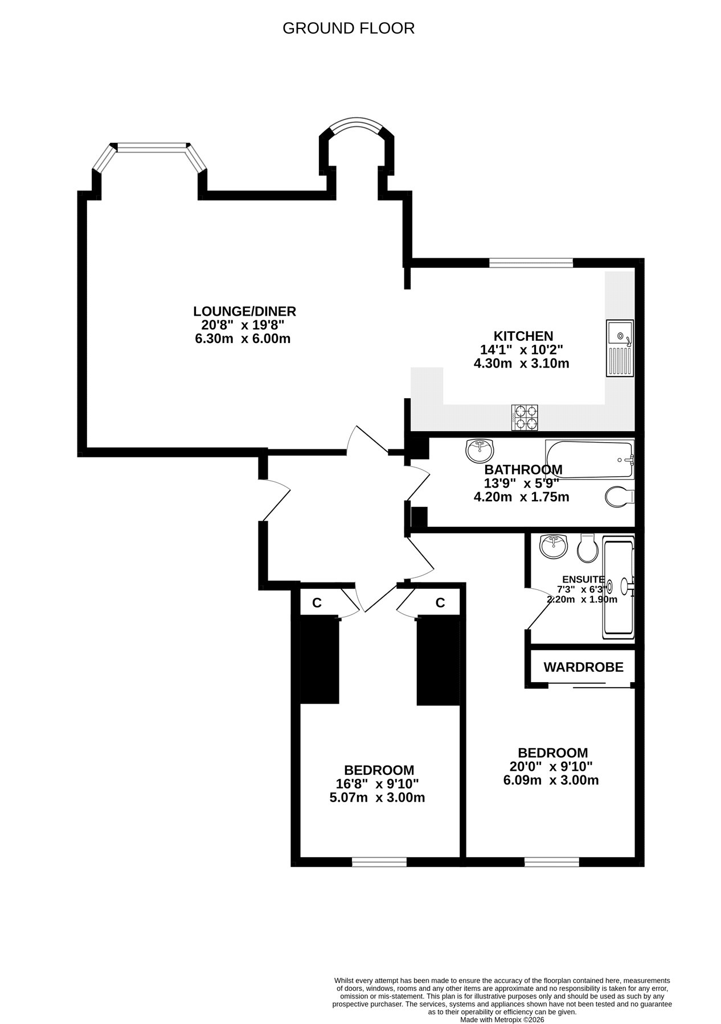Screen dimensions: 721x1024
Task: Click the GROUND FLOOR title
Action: tap(349, 28)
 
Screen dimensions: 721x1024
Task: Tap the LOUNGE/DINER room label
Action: tap(245, 311)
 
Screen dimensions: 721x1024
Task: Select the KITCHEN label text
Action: tap(523, 336)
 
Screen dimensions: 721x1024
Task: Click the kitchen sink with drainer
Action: tap(620, 348)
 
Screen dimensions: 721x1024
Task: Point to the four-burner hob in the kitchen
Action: tap(525, 417)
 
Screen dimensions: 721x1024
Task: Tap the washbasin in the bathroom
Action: tap(480, 451)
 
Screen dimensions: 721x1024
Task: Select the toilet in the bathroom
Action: tap(619, 496)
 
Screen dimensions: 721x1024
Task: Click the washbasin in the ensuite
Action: tap(554, 547)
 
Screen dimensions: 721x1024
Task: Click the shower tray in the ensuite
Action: tap(618, 589)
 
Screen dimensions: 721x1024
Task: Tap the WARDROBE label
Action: tap(583, 667)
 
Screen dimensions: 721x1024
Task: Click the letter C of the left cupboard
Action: tap(317, 603)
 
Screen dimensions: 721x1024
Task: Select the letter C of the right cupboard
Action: tap(440, 603)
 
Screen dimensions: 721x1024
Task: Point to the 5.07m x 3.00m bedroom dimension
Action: tap(377, 798)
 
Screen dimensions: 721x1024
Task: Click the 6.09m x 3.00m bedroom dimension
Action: tap(551, 781)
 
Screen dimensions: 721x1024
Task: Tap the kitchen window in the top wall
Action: tap(531, 263)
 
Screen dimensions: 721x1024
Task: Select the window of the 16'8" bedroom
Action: tap(379, 862)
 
